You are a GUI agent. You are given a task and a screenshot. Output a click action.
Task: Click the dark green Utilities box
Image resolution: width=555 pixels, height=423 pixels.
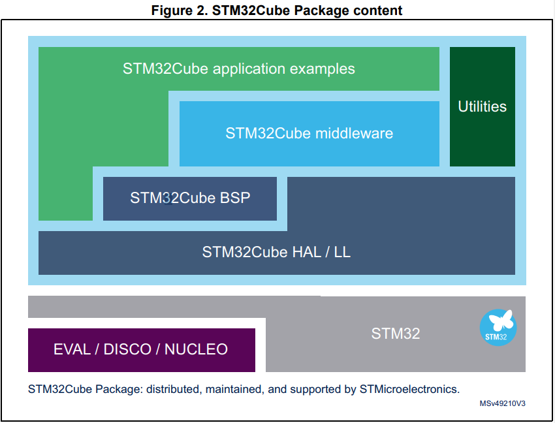pyautogui.click(x=482, y=106)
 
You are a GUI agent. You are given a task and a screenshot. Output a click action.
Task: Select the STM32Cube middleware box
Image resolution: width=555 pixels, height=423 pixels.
pyautogui.click(x=309, y=133)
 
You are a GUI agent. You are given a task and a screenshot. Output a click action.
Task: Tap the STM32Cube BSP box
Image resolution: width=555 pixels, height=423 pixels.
pyautogui.click(x=190, y=198)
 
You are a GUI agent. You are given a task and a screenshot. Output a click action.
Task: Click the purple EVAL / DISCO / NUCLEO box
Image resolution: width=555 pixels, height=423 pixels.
pyautogui.click(x=141, y=349)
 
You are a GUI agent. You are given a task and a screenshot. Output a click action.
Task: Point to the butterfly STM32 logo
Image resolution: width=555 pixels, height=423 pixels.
pyautogui.click(x=498, y=327)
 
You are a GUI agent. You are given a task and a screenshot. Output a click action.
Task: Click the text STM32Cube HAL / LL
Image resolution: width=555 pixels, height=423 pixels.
pyautogui.click(x=276, y=252)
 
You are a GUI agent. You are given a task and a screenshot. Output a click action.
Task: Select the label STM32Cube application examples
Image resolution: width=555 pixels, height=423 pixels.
pyautogui.click(x=238, y=69)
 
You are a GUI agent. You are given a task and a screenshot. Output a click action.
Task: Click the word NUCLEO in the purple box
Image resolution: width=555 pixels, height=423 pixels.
pyautogui.click(x=196, y=349)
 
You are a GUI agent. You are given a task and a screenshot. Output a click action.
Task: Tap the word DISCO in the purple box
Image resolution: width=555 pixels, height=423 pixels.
pyautogui.click(x=127, y=349)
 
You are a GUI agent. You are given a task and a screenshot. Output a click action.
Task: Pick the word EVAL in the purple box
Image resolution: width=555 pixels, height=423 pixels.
pyautogui.click(x=72, y=349)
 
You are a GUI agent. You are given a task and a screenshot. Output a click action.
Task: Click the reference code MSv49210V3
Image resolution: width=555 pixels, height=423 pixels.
pyautogui.click(x=503, y=404)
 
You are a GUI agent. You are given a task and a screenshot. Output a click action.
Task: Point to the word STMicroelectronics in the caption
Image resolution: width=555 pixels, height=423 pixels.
pyautogui.click(x=409, y=389)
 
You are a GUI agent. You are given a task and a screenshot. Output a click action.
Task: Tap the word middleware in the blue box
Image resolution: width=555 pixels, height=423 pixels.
pyautogui.click(x=355, y=133)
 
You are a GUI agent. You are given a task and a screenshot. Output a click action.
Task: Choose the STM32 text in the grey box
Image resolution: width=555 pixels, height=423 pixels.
pyautogui.click(x=396, y=334)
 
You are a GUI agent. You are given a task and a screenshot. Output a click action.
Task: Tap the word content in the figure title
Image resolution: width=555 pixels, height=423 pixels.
pyautogui.click(x=379, y=10)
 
